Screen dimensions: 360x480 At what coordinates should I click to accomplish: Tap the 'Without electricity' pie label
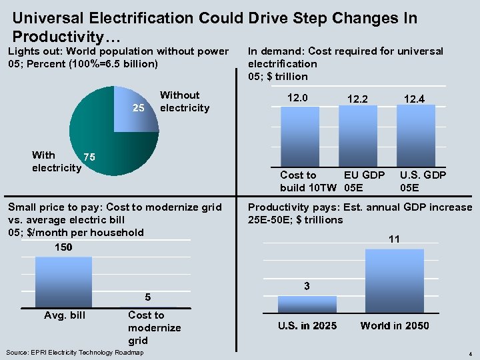[x=184, y=101]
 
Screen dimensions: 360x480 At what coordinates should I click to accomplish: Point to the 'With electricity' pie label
[x=56, y=161]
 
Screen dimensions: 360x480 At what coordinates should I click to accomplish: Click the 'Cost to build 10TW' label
[x=307, y=181]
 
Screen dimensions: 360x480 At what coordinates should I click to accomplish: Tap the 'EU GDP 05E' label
[x=364, y=181]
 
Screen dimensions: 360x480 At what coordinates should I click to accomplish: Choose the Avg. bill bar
[x=63, y=281]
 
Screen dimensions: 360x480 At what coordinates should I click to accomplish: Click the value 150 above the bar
[x=63, y=247]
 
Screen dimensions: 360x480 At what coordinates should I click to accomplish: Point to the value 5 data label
[x=147, y=297]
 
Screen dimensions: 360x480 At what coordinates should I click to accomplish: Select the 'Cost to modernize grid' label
[x=154, y=327]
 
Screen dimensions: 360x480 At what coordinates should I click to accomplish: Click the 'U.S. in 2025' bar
[x=307, y=304]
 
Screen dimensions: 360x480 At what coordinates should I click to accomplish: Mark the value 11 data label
[x=395, y=239]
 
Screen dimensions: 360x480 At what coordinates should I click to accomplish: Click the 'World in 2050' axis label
[x=395, y=326]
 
